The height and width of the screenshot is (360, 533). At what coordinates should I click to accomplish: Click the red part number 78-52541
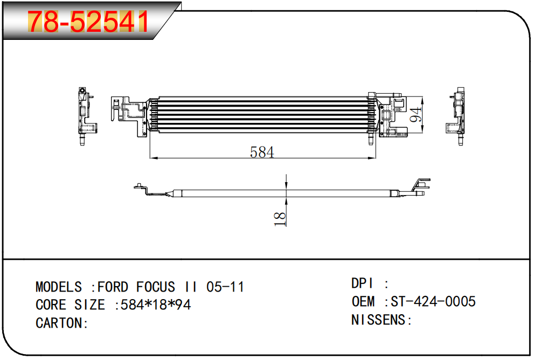click(88, 22)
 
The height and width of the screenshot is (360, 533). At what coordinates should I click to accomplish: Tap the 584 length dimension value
click(262, 152)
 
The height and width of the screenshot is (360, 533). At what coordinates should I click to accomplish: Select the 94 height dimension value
click(415, 115)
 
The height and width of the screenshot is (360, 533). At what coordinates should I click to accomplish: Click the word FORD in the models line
click(113, 287)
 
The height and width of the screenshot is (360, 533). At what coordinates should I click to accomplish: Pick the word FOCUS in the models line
click(155, 287)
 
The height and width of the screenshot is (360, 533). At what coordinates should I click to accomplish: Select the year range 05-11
click(225, 287)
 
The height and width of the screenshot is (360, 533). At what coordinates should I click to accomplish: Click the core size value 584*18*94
click(156, 304)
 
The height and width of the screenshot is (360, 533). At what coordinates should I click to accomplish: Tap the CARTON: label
click(61, 323)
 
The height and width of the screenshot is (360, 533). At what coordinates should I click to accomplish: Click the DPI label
click(362, 283)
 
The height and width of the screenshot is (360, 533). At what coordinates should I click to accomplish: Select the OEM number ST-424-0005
click(433, 301)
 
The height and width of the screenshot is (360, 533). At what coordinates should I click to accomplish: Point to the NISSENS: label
click(382, 320)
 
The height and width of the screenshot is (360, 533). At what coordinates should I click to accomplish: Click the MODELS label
click(58, 287)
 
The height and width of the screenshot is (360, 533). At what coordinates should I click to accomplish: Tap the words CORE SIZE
click(70, 304)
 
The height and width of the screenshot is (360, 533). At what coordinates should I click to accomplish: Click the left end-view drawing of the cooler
click(87, 116)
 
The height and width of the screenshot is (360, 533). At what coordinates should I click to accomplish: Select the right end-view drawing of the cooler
click(455, 116)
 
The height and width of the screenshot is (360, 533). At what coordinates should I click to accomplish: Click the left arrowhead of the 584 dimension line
click(153, 158)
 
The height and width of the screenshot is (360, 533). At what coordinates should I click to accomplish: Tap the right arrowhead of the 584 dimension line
click(372, 158)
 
